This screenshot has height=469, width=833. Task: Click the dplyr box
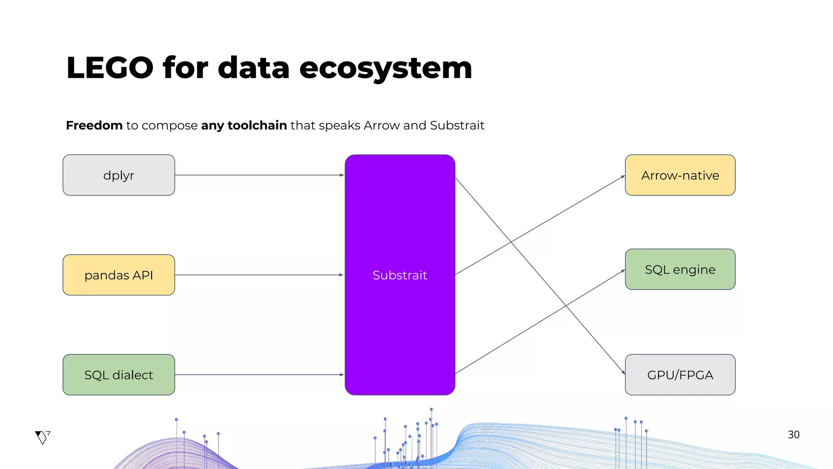[x=119, y=175]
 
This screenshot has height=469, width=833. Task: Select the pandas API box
[x=119, y=275]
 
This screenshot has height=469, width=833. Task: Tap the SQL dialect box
[x=119, y=375]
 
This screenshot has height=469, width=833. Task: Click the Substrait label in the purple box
[x=399, y=275]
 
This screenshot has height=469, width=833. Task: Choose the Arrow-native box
[x=680, y=175]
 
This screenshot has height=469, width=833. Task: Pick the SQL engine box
[x=680, y=270]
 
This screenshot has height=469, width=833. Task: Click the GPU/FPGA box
[x=680, y=375]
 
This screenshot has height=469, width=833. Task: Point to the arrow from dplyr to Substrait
[x=259, y=175]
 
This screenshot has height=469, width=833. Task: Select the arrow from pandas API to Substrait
[x=259, y=275]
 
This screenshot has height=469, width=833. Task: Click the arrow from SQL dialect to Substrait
[x=259, y=375]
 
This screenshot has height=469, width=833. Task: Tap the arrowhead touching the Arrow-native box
[x=623, y=177]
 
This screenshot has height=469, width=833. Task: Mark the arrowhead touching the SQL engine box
[x=623, y=271]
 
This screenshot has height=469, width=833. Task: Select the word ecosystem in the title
[x=386, y=68]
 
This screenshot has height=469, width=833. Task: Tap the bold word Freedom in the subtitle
[x=94, y=125]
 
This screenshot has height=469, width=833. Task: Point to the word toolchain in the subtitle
[x=257, y=125]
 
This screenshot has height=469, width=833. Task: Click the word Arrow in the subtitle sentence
[x=381, y=125]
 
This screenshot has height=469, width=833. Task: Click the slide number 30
[x=794, y=435]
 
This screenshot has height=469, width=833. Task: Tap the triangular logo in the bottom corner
[x=42, y=437]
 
